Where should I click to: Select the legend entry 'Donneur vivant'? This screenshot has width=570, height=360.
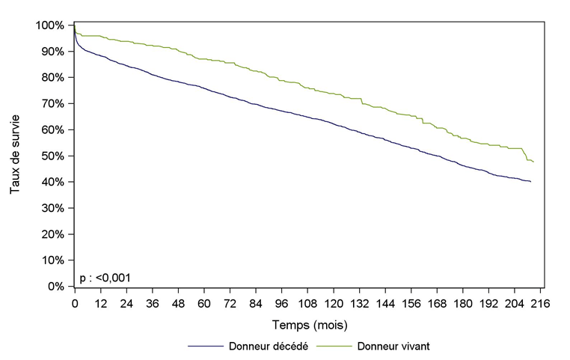point(393,346)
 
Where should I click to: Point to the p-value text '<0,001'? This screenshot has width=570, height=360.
point(113,278)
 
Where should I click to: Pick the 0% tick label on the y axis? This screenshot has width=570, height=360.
point(58,287)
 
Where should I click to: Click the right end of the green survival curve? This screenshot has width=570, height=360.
point(533,162)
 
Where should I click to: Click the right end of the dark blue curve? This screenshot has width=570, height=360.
point(531,182)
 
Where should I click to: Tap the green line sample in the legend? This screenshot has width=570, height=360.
point(334,346)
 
